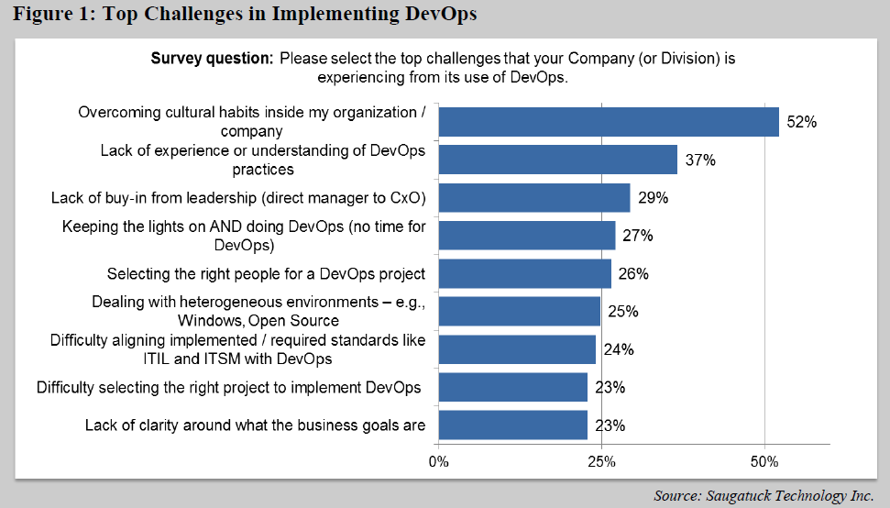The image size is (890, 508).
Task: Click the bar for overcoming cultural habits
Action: (x=609, y=121)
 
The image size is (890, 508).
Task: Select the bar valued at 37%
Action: (x=557, y=160)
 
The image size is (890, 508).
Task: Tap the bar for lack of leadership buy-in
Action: (x=533, y=197)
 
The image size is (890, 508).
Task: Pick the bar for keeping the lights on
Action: (x=526, y=235)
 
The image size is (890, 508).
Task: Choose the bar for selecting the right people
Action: (x=524, y=273)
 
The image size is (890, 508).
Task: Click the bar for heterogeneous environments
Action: (x=519, y=311)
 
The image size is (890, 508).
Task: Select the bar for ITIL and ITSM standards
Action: (x=517, y=349)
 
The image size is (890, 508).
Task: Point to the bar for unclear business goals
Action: (x=512, y=425)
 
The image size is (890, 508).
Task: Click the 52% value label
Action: (x=802, y=122)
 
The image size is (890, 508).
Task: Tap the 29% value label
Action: (x=653, y=198)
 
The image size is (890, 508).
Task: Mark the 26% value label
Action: (x=633, y=273)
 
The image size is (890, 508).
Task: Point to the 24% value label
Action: (x=619, y=349)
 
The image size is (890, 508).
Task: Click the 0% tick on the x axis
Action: (x=438, y=460)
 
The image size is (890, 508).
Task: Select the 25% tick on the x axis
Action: (x=601, y=460)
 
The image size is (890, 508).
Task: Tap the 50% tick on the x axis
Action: (x=764, y=460)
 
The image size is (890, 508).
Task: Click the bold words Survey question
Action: (x=212, y=59)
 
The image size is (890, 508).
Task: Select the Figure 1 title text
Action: (x=245, y=15)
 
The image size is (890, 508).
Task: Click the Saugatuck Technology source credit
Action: (x=763, y=496)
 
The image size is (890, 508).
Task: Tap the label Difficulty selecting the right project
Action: (x=229, y=387)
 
